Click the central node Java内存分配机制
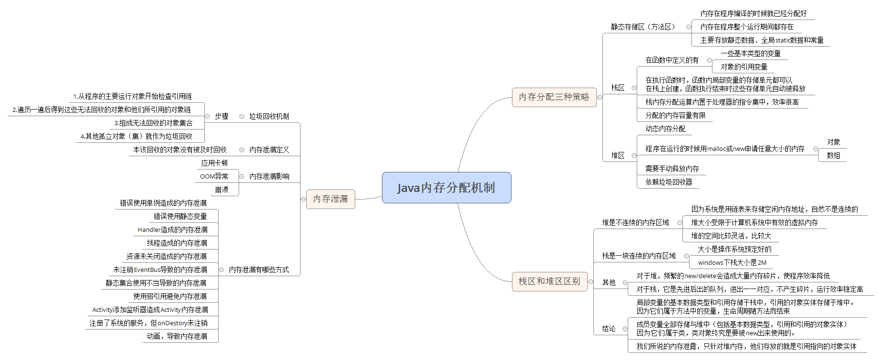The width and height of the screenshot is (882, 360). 446,188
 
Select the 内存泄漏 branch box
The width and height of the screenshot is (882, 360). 331,199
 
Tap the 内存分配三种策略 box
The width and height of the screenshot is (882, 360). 554,97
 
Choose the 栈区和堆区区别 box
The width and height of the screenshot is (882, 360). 549,281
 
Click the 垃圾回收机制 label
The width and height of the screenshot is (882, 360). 269,116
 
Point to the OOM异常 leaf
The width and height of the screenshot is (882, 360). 214,176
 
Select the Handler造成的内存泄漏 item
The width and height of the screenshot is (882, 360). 172,230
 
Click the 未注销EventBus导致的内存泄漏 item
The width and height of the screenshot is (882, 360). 160,270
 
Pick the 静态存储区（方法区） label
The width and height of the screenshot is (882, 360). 643,27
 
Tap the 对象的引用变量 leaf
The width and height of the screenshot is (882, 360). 744,67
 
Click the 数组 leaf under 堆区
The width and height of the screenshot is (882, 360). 833,155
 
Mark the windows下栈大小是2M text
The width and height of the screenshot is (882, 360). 732,262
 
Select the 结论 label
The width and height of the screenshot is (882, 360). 609,329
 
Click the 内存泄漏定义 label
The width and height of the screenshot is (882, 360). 269,150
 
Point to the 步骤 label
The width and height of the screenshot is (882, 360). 221,116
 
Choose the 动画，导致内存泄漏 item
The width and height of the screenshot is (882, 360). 177,336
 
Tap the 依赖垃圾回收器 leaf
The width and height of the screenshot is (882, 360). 669,182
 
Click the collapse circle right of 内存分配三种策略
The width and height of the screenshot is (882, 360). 600,97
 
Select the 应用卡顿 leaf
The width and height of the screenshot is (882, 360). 214,163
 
